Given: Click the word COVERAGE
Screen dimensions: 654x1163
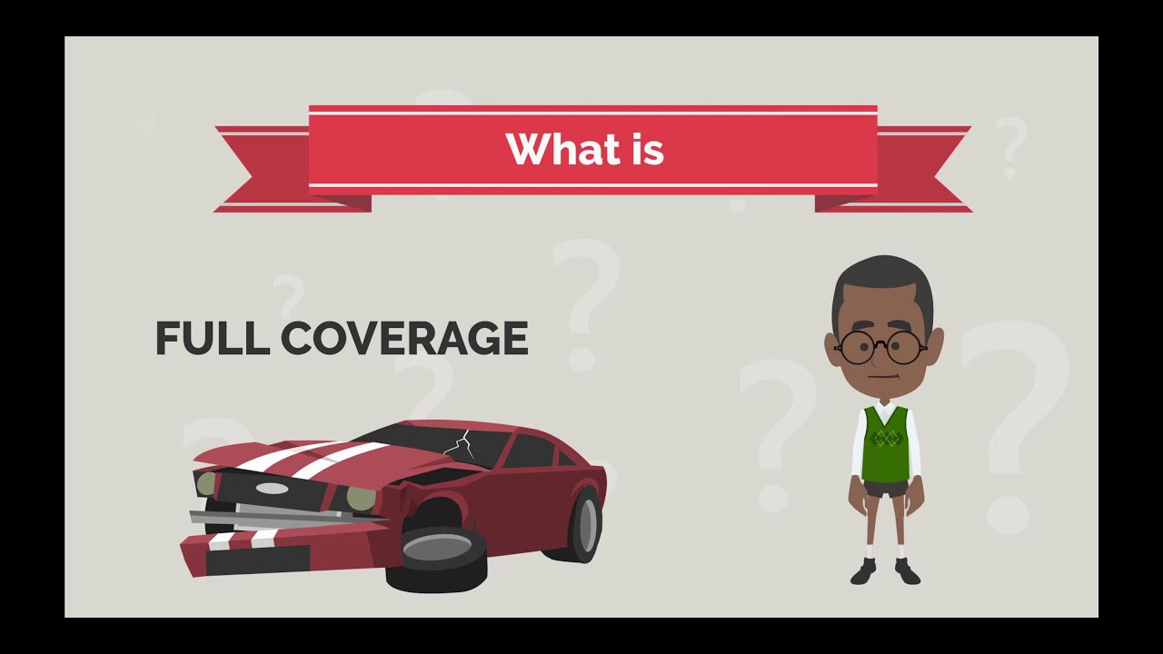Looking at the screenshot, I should [404, 339].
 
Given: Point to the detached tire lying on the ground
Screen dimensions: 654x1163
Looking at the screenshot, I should [437, 550].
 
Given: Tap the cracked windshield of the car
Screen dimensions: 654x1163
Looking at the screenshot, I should [454, 444].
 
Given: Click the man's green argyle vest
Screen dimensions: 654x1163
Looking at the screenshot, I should [885, 445].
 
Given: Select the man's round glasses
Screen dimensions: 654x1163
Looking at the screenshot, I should [880, 346].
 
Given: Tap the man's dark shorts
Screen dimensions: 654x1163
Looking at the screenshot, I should [885, 490].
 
